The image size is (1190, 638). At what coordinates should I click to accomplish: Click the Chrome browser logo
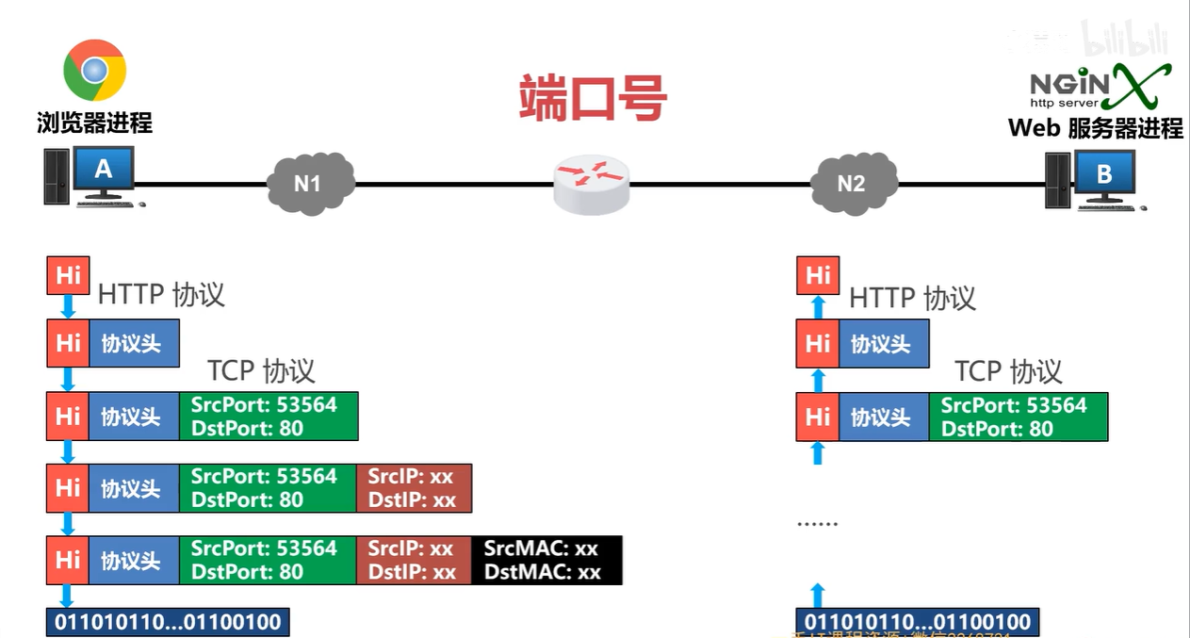click(x=94, y=71)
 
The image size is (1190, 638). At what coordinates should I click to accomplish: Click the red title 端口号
click(x=594, y=97)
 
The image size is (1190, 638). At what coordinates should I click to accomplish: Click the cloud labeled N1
click(x=308, y=183)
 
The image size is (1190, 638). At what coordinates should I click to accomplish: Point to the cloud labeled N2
click(x=851, y=183)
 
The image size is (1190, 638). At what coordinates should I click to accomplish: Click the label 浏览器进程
click(x=94, y=123)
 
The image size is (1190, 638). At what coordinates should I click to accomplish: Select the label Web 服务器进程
click(x=1095, y=128)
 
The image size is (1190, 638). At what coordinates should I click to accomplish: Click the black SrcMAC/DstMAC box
click(x=546, y=560)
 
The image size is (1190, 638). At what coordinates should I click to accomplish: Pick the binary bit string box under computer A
click(x=169, y=622)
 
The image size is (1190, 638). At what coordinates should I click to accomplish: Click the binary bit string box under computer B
click(x=918, y=622)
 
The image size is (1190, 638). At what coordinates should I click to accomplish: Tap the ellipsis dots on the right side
click(x=817, y=522)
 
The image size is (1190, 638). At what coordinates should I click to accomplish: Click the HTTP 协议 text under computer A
click(x=161, y=294)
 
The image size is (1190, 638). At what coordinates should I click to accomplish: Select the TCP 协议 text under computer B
click(x=1008, y=371)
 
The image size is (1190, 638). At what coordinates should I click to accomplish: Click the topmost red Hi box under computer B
click(x=817, y=275)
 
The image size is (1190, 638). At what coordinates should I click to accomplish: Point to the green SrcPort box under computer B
click(x=1018, y=417)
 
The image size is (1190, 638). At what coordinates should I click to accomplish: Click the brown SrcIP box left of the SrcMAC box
click(x=413, y=560)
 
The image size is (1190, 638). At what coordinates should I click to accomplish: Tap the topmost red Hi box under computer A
click(x=68, y=275)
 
